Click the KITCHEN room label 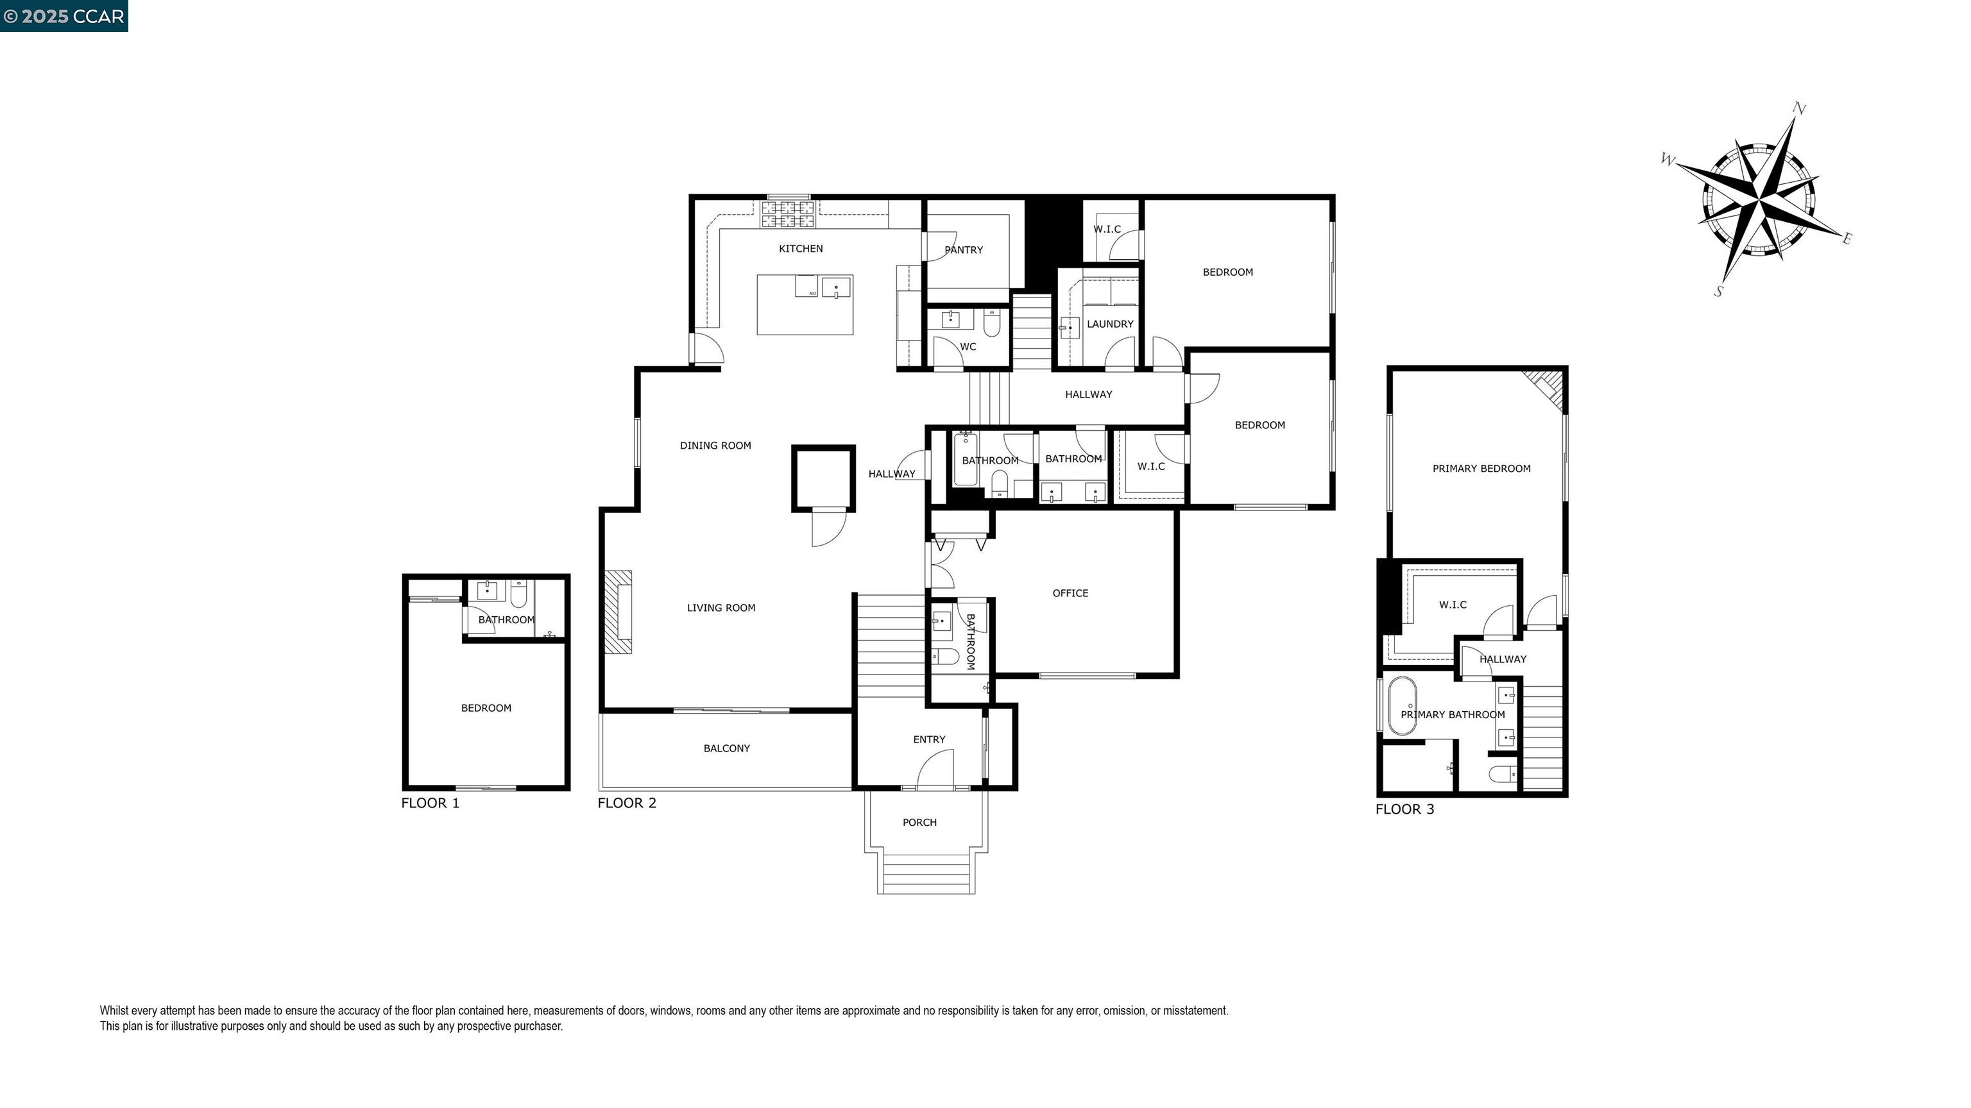(x=800, y=249)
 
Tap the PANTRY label (x=963, y=250)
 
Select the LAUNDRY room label (x=1109, y=324)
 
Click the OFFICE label (x=1070, y=593)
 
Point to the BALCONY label (x=726, y=749)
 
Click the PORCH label (x=919, y=823)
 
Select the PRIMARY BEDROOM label (x=1481, y=469)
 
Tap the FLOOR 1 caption (x=430, y=803)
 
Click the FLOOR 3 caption (x=1404, y=809)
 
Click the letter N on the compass (x=1800, y=110)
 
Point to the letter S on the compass (x=1718, y=291)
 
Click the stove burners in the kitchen (x=788, y=214)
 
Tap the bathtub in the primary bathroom (x=1402, y=705)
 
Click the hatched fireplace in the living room (x=619, y=612)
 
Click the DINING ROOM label (x=715, y=446)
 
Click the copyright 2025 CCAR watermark (x=64, y=16)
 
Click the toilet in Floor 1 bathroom (x=519, y=595)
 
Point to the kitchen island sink (x=835, y=289)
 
